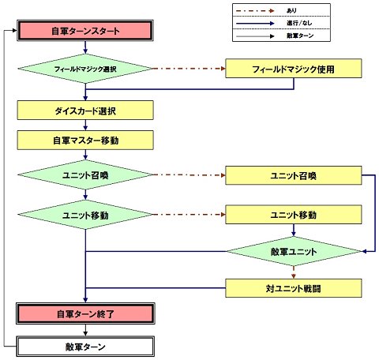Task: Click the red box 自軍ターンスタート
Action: click(x=85, y=31)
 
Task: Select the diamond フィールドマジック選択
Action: click(x=85, y=69)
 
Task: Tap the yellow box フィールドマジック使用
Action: click(x=294, y=69)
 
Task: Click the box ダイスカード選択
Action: click(x=85, y=111)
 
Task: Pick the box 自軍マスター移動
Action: click(x=85, y=141)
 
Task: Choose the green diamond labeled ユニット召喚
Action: click(x=85, y=174)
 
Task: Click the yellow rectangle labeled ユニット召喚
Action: click(x=294, y=175)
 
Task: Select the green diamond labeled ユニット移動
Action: click(x=85, y=215)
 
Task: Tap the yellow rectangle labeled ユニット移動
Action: click(x=294, y=215)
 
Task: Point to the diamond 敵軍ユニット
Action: click(x=294, y=251)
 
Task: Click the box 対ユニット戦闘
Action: click(x=294, y=288)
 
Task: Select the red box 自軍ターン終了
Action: click(x=85, y=313)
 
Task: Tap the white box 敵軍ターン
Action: click(x=85, y=347)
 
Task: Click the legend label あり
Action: click(x=291, y=10)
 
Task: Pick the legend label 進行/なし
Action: click(x=299, y=23)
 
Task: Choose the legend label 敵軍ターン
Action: click(x=300, y=36)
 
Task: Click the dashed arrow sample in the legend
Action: click(x=255, y=10)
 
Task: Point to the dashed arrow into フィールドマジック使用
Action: click(x=189, y=69)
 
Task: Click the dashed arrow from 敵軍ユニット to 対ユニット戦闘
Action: click(x=294, y=272)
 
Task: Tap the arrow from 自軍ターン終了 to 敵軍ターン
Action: click(x=85, y=330)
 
